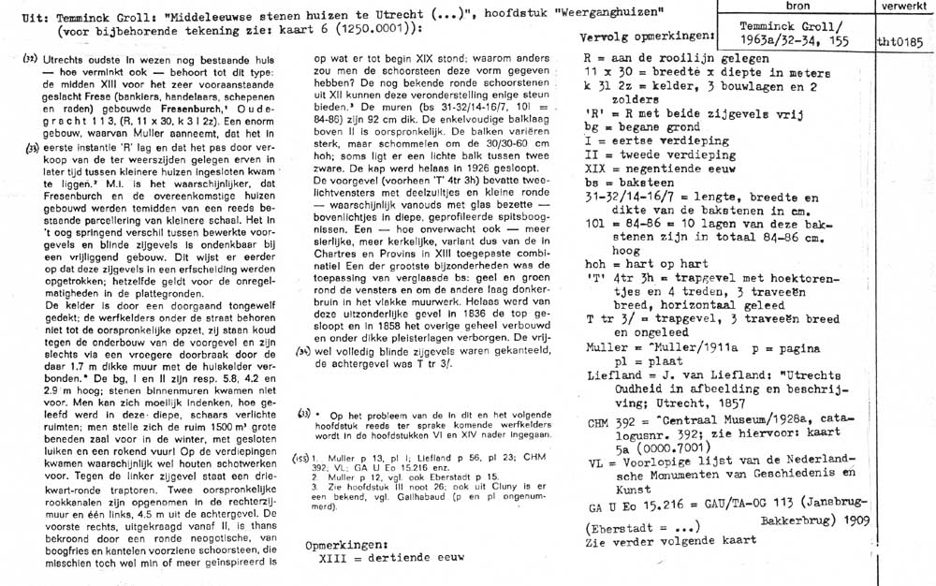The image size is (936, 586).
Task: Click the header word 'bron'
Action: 798,6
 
